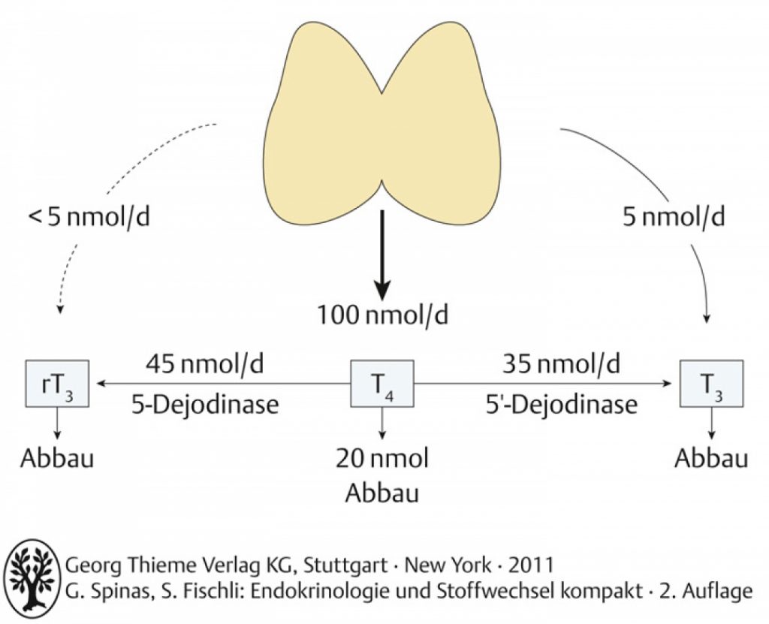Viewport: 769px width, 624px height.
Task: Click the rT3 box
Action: coord(57,384)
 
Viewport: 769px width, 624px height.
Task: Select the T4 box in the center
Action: coord(382,384)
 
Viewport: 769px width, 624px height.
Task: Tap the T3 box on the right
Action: coord(711,384)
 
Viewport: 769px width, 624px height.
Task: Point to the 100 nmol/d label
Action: coord(382,315)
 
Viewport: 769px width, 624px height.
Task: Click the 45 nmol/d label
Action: coord(204,364)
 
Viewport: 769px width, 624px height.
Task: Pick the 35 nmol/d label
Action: coord(561,364)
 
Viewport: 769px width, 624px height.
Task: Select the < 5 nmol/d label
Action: coord(89,217)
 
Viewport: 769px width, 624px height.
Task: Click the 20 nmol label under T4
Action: coord(382,459)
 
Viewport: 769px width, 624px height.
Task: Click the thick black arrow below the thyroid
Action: coord(382,255)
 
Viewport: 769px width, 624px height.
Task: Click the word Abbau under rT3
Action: coord(57,459)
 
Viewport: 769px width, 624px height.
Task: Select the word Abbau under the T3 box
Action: coord(711,459)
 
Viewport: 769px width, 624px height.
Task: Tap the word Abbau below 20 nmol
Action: coord(382,493)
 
